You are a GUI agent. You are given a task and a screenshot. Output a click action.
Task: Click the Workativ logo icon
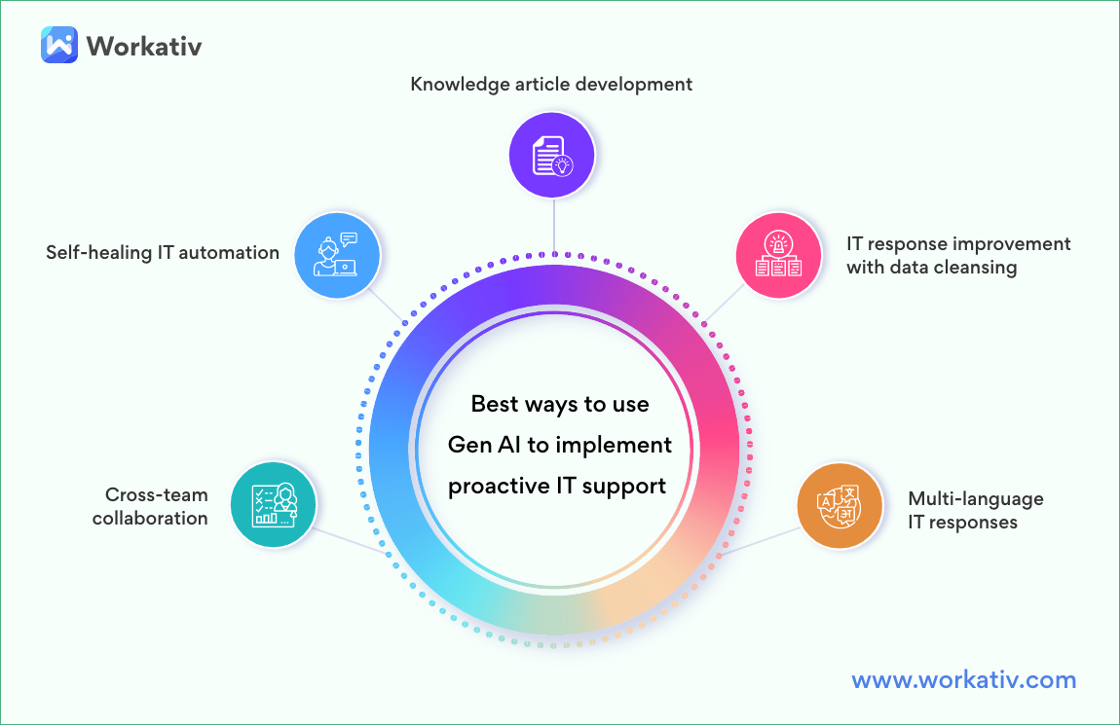58,45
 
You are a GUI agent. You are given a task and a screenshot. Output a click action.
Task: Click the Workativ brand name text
143,46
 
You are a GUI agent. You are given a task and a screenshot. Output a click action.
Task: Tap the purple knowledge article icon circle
552,154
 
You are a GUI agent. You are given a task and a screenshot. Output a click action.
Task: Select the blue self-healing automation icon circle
337,254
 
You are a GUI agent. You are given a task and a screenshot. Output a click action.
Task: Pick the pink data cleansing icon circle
778,255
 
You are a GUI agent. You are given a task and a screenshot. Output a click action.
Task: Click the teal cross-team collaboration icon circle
274,504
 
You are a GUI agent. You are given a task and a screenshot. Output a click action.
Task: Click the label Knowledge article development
551,84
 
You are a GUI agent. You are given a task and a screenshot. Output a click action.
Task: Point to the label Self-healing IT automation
163,253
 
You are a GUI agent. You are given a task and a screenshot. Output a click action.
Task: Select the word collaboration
150,519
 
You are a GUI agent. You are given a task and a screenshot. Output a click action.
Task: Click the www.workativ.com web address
963,679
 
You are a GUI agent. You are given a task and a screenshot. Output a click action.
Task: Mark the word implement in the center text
615,445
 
